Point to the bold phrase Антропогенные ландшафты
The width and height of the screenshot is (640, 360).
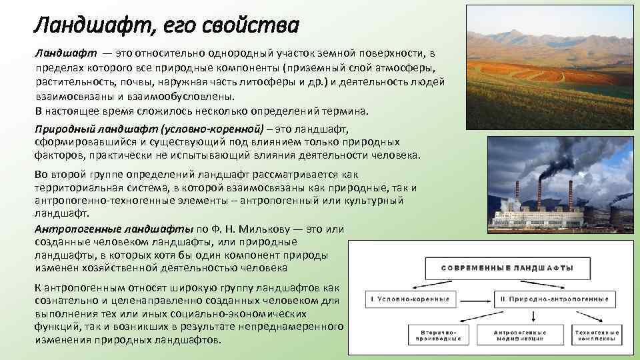click(x=114, y=228)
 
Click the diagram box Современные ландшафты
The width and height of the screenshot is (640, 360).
click(x=506, y=267)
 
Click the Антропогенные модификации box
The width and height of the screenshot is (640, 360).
click(x=519, y=335)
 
